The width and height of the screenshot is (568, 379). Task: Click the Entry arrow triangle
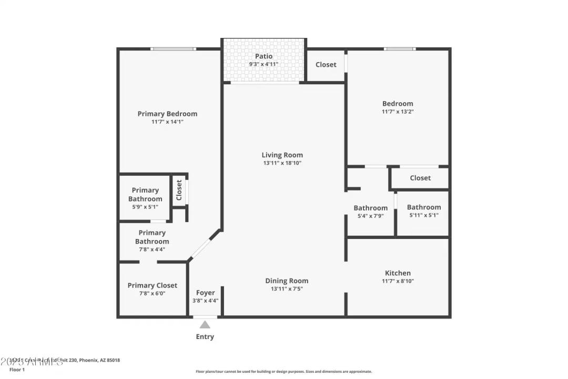[205, 325]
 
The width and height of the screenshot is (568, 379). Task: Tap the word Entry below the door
[205, 337]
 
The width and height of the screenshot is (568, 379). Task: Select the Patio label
[263, 56]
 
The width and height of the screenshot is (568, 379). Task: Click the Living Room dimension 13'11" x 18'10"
[282, 163]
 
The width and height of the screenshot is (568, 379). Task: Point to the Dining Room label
[287, 281]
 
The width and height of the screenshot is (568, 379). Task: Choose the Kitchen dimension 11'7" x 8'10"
[398, 281]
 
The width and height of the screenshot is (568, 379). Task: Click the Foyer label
[205, 293]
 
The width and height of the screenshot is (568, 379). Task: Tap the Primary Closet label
[153, 285]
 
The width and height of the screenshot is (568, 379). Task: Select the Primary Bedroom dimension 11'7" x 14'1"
[167, 122]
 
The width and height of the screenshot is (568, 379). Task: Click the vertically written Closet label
[179, 190]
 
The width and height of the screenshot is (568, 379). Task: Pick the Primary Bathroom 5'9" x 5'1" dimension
[145, 207]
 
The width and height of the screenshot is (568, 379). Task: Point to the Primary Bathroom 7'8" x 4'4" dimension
[152, 250]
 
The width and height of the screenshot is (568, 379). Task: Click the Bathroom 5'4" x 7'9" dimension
[370, 216]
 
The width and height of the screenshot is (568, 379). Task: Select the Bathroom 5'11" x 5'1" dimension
[423, 215]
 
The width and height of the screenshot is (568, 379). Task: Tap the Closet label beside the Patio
[326, 64]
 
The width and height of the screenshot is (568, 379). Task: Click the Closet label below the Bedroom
[420, 178]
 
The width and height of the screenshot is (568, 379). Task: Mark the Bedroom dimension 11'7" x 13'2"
[398, 112]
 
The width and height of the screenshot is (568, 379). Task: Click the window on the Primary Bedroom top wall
[173, 49]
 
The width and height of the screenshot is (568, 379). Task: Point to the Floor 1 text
[17, 370]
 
